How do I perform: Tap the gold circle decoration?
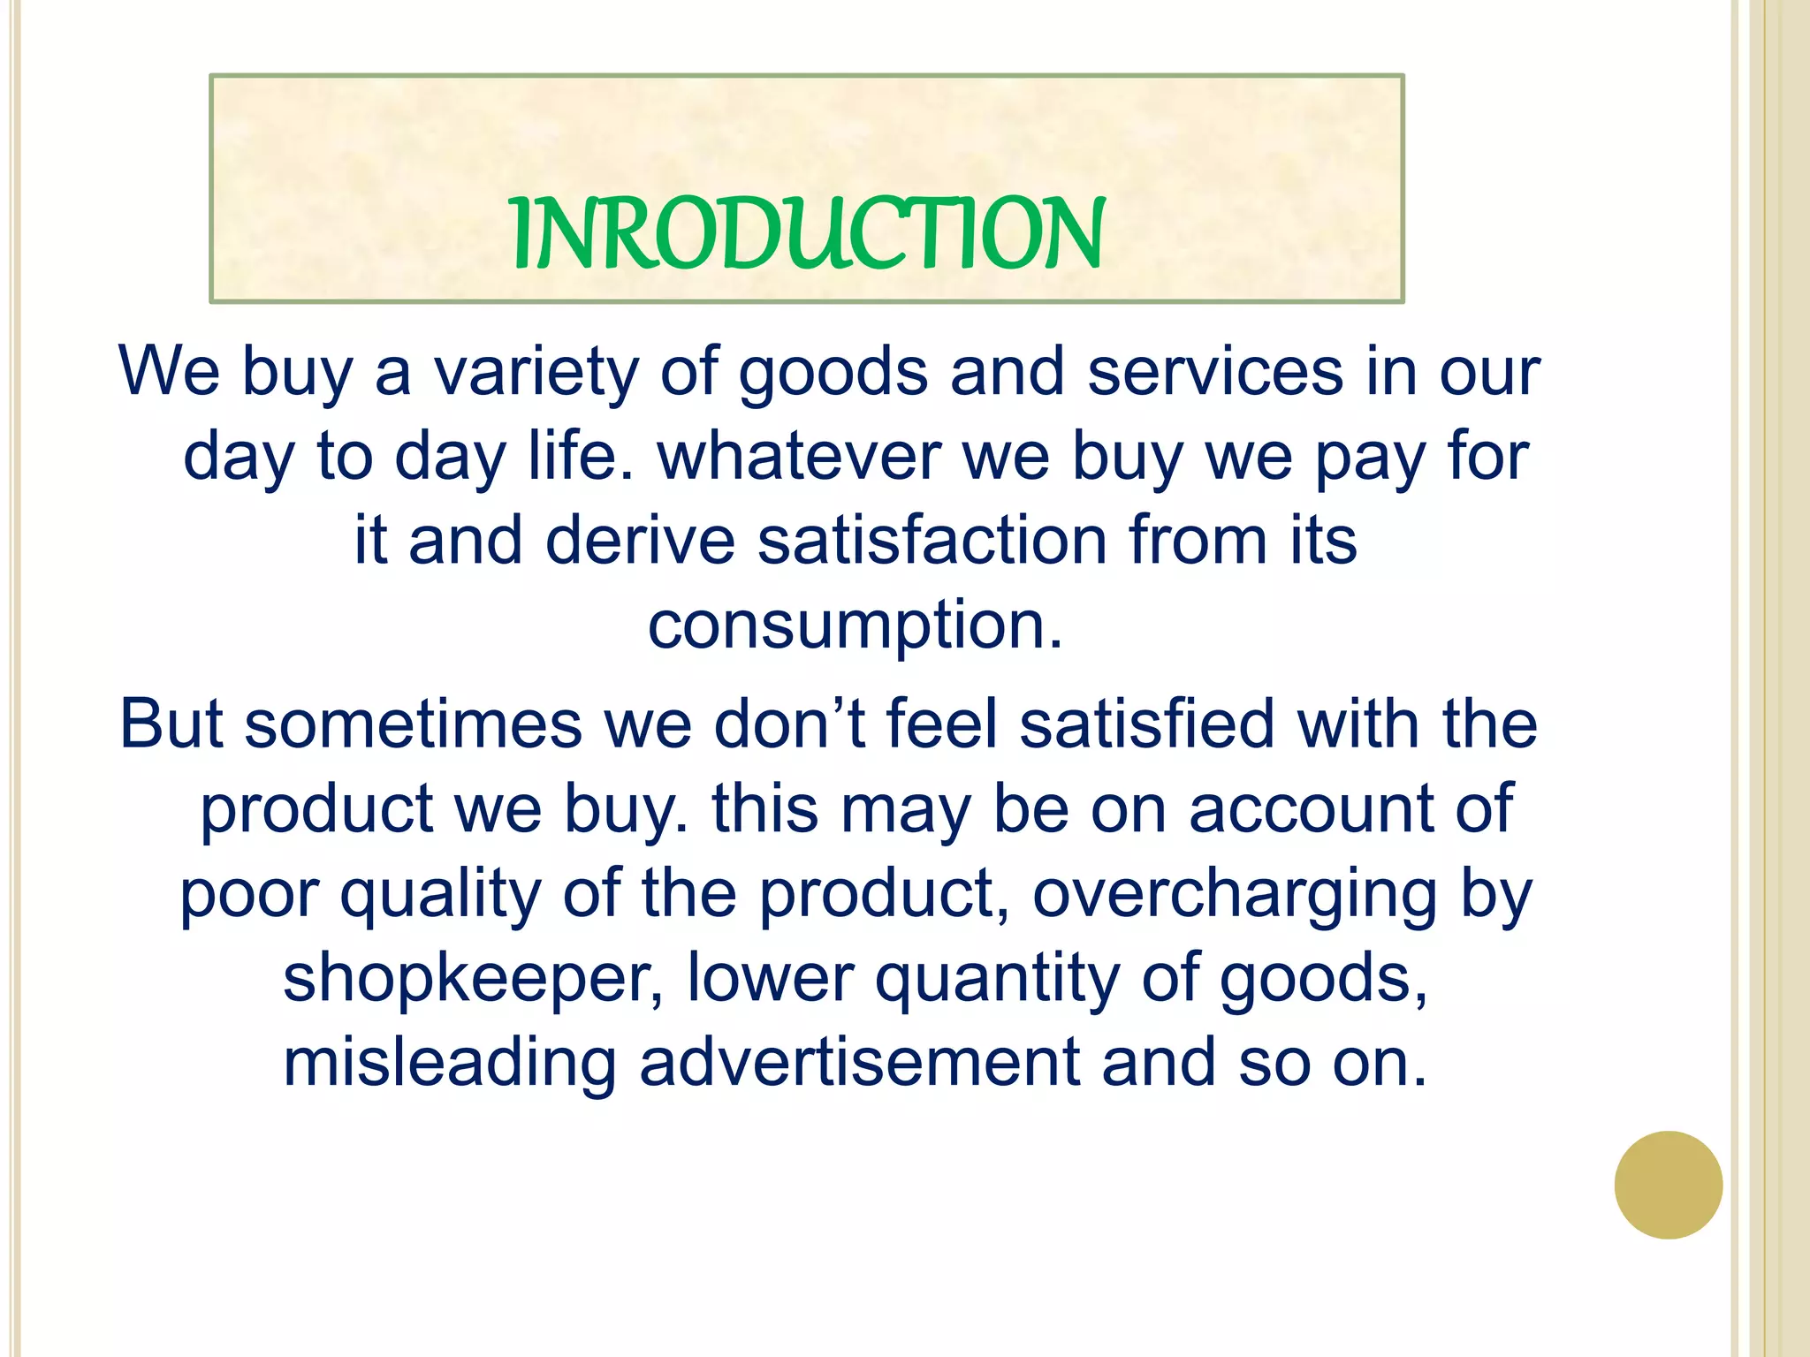click(x=1668, y=1185)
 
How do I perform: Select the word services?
click(x=1215, y=372)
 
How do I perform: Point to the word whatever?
click(x=799, y=456)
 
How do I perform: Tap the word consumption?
click(x=855, y=625)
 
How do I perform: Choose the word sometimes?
click(x=413, y=724)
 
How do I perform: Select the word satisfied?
click(x=1146, y=724)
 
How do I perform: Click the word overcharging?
click(x=1235, y=894)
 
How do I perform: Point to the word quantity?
click(x=997, y=978)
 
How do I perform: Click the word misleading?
click(x=449, y=1062)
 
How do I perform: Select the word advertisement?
click(x=859, y=1062)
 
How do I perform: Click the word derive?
click(x=640, y=540)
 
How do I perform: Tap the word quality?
click(x=439, y=894)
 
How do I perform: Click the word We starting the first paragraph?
click(x=169, y=372)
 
